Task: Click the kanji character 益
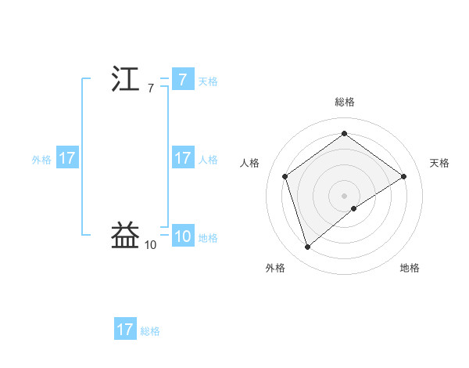[125, 236]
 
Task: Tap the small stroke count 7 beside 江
[150, 88]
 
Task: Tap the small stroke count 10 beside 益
[150, 245]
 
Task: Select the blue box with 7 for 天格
[182, 79]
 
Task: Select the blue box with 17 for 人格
[182, 158]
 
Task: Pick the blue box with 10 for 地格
[182, 236]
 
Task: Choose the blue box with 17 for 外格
[67, 158]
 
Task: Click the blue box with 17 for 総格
[125, 330]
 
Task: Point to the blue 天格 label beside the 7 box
[208, 81]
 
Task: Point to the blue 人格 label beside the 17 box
[208, 159]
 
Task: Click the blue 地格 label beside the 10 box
[208, 238]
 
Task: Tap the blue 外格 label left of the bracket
[41, 159]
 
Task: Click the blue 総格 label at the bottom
[150, 331]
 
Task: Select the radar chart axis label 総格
[345, 102]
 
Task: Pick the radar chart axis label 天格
[439, 163]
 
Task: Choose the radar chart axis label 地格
[410, 268]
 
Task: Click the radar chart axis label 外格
[275, 268]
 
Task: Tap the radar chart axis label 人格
[250, 163]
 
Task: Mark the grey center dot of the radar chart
[345, 195]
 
